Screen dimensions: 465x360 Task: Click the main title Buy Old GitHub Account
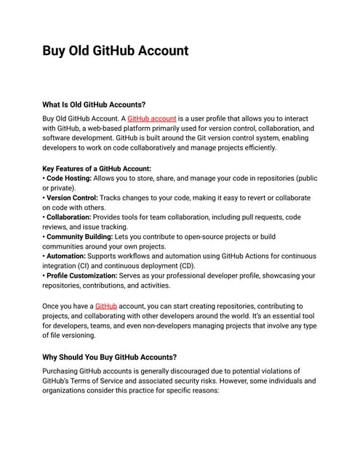[115, 51]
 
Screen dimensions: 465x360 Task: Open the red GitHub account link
[151, 118]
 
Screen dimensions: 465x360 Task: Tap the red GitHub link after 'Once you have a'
[105, 307]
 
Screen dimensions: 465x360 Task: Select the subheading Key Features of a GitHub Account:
[97, 169]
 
